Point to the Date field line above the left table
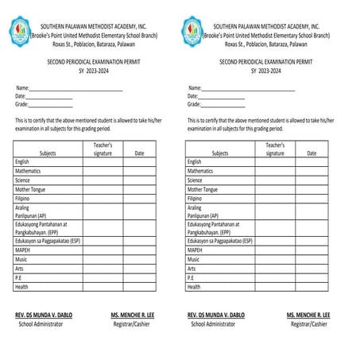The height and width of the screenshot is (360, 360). coord(49,97)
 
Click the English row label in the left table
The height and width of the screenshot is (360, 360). coord(22,161)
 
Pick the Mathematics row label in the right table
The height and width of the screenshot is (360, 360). coord(199,171)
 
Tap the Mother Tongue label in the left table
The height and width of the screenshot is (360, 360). coord(29,189)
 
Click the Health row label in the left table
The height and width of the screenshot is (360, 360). coord(21,287)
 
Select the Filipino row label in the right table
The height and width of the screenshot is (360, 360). coord(196,199)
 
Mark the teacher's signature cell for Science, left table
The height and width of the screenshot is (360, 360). coord(103,180)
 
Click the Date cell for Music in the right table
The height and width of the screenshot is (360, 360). coord(311,259)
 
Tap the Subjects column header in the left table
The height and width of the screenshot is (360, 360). coord(48,153)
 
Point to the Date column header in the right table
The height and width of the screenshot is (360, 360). coord(312,153)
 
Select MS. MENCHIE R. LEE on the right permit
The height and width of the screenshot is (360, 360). coord(308,315)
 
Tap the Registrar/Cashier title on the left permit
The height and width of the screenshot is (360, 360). coord(133,324)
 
